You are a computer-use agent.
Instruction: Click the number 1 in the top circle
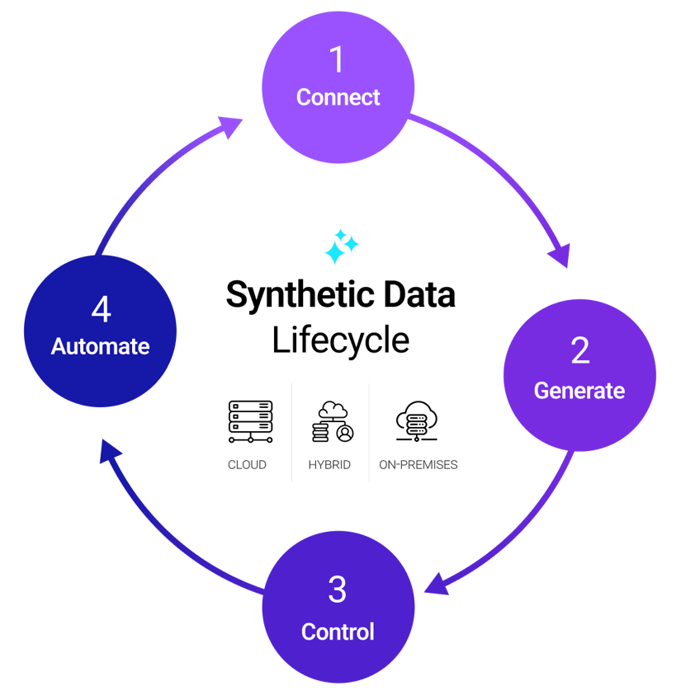point(338,60)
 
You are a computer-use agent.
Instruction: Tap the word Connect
point(338,97)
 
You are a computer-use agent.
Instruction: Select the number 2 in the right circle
point(580,350)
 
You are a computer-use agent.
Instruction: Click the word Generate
point(579,390)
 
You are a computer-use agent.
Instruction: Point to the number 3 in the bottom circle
point(337,590)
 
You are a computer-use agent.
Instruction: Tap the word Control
point(338,632)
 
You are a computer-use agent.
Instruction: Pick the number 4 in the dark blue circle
point(101,310)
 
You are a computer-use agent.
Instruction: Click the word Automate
point(101,346)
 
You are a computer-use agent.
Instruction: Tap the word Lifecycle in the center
point(340,340)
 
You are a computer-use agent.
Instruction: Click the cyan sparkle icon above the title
point(340,247)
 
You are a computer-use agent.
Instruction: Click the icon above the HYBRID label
point(331,421)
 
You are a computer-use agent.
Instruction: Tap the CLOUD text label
point(247,465)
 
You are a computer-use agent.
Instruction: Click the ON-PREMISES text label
point(418,465)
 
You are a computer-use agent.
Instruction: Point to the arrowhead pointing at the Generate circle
point(562,256)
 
